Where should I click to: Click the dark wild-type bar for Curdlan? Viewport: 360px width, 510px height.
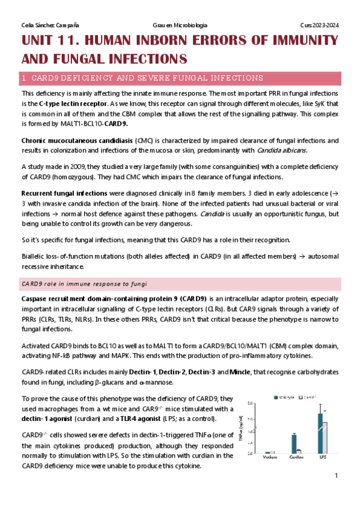click(294, 443)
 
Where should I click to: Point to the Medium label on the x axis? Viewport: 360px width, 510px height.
click(270, 458)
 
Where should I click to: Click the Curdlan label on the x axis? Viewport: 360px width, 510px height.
click(296, 458)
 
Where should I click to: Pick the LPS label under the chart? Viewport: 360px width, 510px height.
click(322, 458)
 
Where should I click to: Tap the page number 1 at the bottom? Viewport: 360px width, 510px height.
click(336, 476)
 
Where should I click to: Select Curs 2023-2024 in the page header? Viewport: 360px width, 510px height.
click(320, 25)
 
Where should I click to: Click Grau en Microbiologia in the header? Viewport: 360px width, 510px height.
click(181, 25)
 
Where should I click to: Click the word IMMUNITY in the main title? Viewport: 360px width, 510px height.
click(299, 41)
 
